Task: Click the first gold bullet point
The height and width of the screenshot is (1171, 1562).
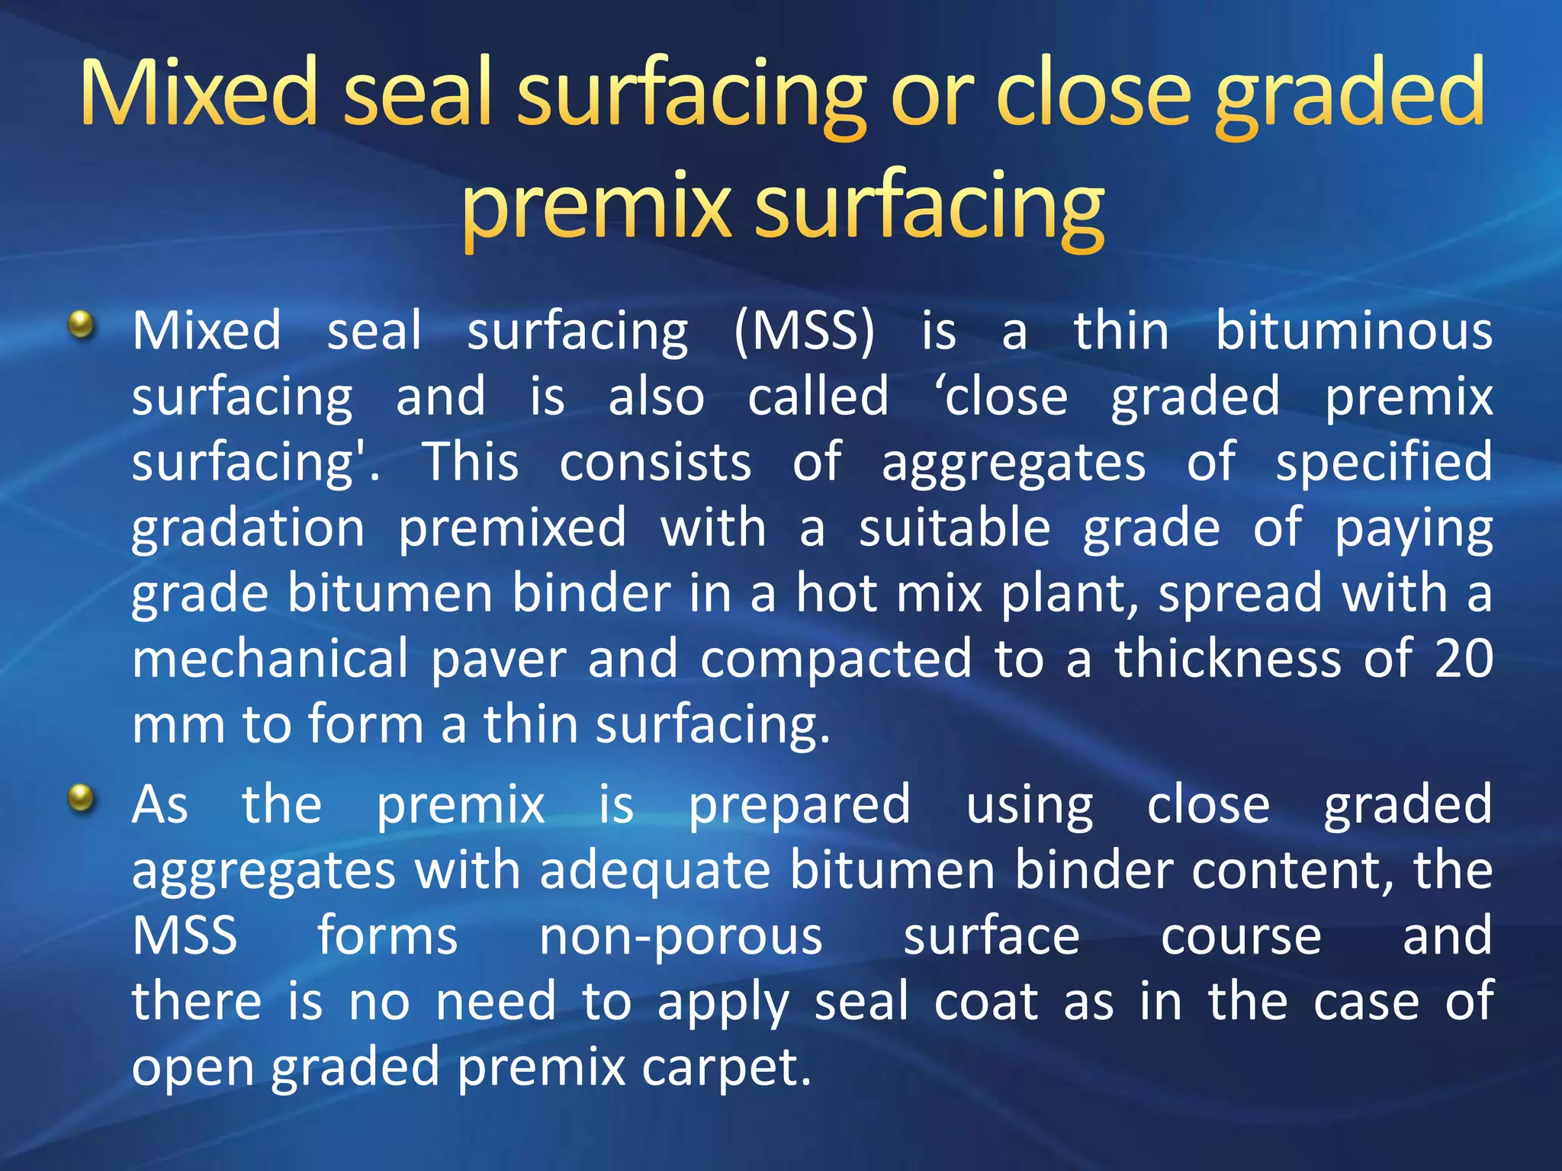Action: point(81,326)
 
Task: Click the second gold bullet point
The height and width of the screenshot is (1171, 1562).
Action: point(81,800)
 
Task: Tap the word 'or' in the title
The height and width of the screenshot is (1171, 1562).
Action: point(930,95)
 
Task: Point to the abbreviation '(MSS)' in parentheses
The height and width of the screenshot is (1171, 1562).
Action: point(805,332)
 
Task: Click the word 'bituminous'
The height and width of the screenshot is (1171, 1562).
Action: point(1354,332)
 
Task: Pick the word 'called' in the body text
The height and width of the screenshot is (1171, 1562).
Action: point(818,397)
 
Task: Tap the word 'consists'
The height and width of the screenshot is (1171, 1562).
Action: point(655,463)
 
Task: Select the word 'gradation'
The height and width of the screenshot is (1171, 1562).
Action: point(249,528)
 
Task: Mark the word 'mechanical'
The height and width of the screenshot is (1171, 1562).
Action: point(271,659)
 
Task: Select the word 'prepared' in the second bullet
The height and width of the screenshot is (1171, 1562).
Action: point(799,806)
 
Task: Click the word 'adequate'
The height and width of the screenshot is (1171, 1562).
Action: point(655,871)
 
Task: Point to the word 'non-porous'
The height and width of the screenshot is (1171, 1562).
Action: point(680,937)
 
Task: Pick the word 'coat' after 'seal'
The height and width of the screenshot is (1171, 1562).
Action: point(986,1003)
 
